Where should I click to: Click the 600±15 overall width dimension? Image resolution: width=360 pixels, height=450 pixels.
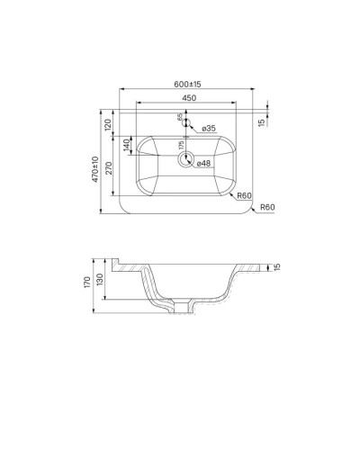187,85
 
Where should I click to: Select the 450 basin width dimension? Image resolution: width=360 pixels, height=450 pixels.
189,98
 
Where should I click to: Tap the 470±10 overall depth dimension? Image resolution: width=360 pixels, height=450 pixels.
95,169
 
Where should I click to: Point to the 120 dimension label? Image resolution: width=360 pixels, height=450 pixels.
108,124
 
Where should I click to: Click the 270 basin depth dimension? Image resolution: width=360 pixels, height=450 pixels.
109,168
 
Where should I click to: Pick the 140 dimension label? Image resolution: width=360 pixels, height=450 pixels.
127,145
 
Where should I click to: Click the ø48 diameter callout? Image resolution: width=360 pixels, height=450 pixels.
203,164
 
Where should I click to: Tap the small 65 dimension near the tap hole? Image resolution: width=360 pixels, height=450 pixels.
180,117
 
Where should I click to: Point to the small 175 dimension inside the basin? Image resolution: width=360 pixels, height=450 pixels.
181,145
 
